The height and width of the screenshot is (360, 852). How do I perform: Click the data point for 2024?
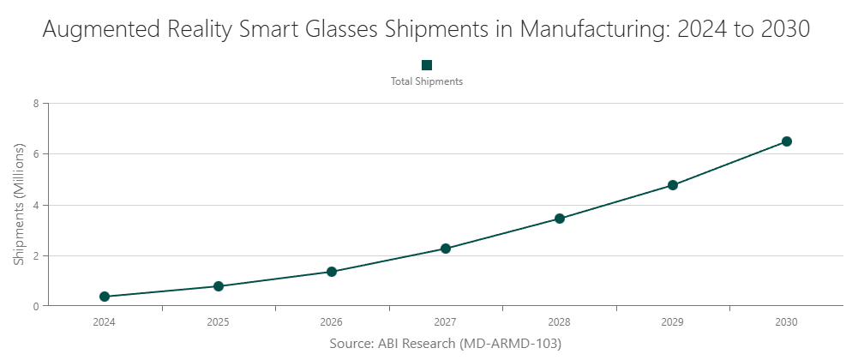pos(105,297)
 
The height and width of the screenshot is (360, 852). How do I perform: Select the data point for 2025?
pos(219,286)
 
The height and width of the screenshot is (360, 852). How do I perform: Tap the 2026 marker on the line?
pos(332,272)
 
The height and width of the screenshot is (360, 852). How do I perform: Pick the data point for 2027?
pos(446,249)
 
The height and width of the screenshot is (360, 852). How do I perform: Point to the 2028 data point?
pos(560,219)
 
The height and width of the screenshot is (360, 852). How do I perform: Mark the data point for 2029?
pos(673,185)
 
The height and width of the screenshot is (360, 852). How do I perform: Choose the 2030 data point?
pos(787,141)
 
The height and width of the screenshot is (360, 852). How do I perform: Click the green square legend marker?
pos(427,65)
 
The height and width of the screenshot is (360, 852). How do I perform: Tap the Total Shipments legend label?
pos(427,82)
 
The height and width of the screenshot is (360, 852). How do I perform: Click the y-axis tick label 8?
pos(36,104)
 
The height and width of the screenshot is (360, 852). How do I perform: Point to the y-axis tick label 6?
pos(36,154)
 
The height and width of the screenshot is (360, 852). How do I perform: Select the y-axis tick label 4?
pos(36,205)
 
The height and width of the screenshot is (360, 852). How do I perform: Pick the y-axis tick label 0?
pos(36,306)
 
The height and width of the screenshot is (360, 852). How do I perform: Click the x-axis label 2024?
pos(105,322)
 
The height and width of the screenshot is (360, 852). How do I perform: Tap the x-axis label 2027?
pos(446,322)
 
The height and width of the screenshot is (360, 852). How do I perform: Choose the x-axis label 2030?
pos(787,322)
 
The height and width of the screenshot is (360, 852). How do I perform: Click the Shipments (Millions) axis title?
pos(19,205)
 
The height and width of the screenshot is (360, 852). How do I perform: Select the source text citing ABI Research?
pos(445,343)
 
